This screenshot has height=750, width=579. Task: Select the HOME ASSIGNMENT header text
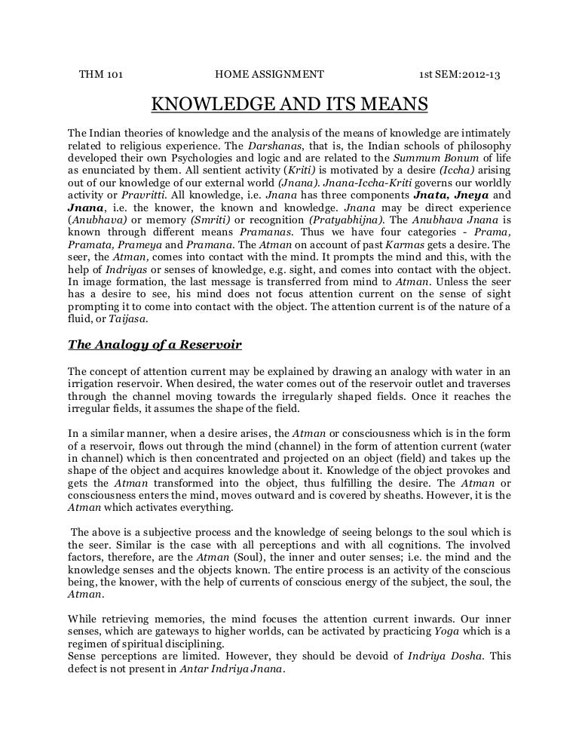[269, 75]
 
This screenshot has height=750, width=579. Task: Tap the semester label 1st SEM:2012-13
[461, 75]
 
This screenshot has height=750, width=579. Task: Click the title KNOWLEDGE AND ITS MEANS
[290, 103]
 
